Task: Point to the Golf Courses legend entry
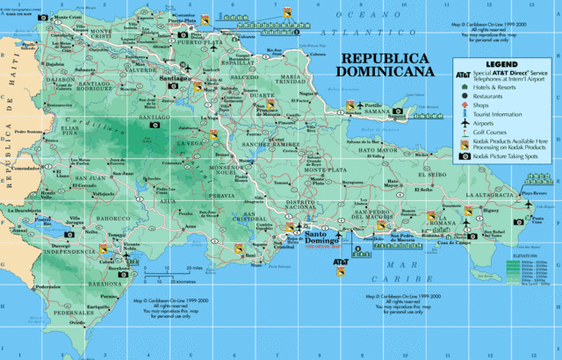pyautogui.click(x=494, y=133)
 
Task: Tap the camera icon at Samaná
pyautogui.click(x=400, y=112)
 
